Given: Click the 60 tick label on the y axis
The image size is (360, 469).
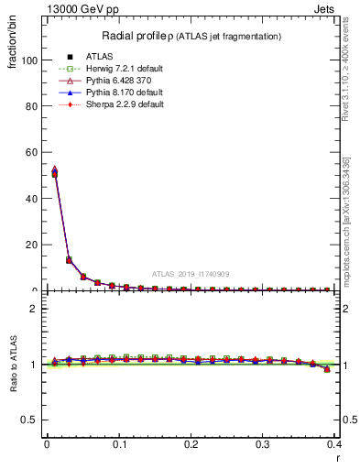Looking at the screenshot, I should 33,152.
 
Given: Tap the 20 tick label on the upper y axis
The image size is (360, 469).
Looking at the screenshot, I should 33,245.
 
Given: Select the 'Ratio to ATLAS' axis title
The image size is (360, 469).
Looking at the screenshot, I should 14,364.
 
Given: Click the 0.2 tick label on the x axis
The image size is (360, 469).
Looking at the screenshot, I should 191,444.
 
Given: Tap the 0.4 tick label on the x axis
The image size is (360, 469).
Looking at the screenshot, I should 334,444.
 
